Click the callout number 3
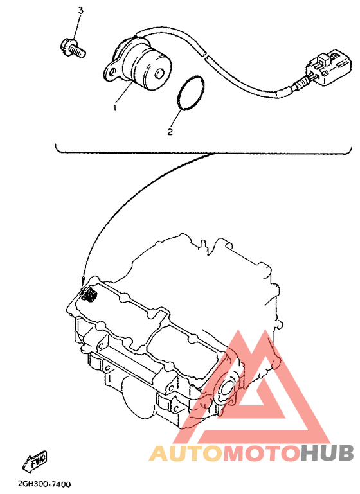80,11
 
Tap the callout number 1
115,109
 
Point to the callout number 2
170,132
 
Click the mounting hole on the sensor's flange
111,66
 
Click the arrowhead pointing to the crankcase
84,281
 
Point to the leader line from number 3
76,28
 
